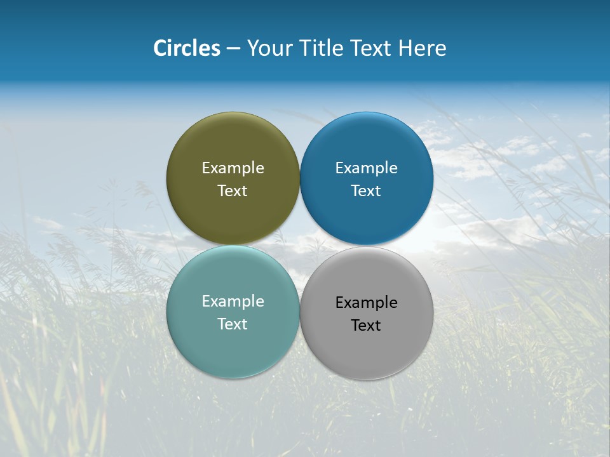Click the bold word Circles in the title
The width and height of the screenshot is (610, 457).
(187, 48)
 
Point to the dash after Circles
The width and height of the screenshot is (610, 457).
(233, 49)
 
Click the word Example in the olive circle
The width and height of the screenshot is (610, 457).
(233, 168)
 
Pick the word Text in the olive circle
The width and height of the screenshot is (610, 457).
(233, 190)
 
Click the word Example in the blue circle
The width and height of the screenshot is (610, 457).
(366, 168)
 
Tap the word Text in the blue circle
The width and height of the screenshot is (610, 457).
(366, 190)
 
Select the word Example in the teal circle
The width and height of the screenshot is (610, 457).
(233, 301)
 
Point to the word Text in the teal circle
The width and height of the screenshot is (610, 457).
(233, 324)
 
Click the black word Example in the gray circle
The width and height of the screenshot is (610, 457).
(366, 302)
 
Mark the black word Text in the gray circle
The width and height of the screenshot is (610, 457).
(366, 325)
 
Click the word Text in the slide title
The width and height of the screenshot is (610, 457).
(371, 48)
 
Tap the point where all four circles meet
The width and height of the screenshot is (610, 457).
(299, 245)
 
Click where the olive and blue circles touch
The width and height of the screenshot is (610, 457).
(299, 178)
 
